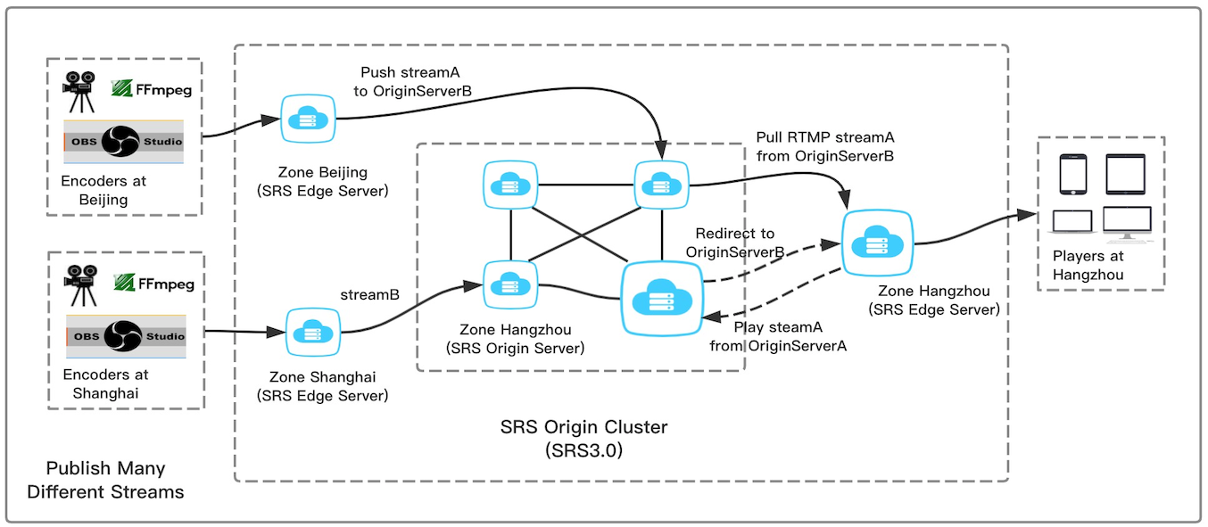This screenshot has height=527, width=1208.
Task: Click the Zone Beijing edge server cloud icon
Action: (x=308, y=118)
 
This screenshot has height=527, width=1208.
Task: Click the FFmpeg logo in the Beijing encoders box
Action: (x=152, y=88)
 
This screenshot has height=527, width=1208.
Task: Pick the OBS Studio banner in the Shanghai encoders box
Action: (x=125, y=336)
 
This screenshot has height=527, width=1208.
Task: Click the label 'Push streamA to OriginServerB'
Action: (x=416, y=81)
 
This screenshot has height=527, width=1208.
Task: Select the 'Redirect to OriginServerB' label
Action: (x=734, y=243)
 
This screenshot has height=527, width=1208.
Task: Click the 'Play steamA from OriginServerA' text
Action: (x=777, y=336)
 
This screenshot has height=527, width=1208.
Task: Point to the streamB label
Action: (x=369, y=293)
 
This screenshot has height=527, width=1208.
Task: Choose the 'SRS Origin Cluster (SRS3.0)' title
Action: (x=583, y=439)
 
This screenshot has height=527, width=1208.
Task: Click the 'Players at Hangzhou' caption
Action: (x=1088, y=265)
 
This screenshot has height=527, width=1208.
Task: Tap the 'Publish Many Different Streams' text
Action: (x=105, y=480)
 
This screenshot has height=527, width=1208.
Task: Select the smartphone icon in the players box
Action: (x=1072, y=175)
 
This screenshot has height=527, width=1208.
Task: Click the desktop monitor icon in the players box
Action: (x=1127, y=223)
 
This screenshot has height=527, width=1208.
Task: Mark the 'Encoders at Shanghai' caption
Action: (x=105, y=383)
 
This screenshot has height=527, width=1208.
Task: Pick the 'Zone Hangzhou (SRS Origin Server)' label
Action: (x=516, y=339)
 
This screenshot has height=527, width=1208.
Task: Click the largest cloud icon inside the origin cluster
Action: (x=662, y=296)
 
